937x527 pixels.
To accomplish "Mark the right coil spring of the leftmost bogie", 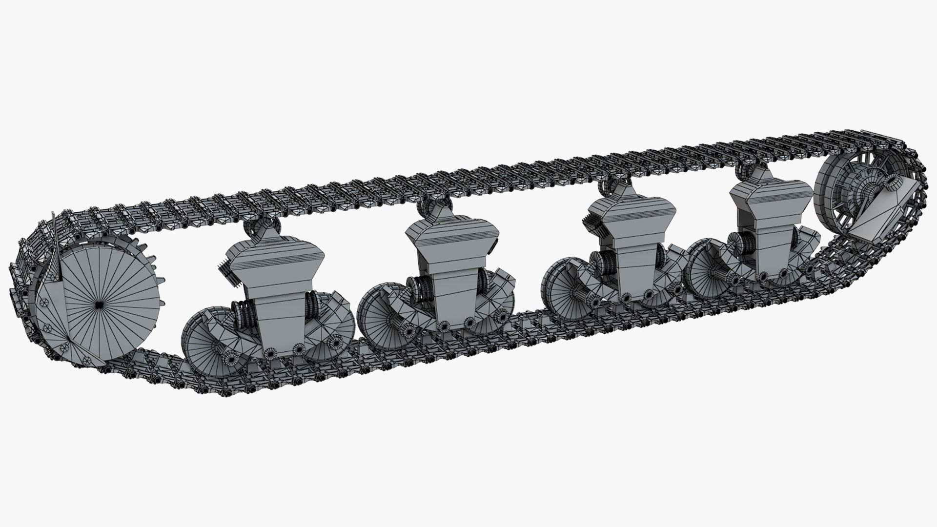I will (x=312, y=310).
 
